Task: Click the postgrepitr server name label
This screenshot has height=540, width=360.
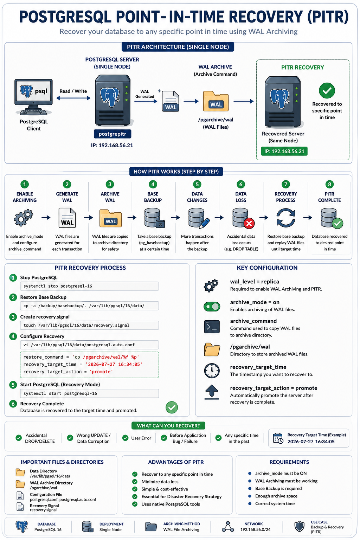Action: (112, 134)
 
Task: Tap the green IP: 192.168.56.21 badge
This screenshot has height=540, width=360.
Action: (284, 151)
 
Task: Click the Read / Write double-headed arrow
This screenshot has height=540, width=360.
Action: (73, 98)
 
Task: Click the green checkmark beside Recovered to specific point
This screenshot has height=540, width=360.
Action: (327, 91)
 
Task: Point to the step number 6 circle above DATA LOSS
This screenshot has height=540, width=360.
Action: (240, 185)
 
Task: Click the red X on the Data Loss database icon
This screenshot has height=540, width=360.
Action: (249, 223)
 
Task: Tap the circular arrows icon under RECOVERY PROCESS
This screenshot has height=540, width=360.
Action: (286, 218)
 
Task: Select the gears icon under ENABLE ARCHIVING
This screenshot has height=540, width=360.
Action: (24, 218)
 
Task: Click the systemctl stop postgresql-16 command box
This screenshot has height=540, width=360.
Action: (89, 286)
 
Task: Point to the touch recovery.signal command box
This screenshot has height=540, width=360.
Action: (89, 325)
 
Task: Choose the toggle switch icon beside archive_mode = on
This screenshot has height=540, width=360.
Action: (212, 307)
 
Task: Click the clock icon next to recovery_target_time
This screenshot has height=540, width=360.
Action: (212, 371)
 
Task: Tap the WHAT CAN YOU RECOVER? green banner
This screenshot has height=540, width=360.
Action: (168, 426)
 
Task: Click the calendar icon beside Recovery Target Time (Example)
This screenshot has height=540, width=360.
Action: (278, 438)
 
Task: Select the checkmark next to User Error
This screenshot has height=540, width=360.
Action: (125, 438)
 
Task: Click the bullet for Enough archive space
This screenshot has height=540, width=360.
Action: (250, 496)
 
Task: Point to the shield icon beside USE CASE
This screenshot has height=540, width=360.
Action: (299, 527)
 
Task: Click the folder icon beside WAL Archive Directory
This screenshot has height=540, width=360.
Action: (20, 484)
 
